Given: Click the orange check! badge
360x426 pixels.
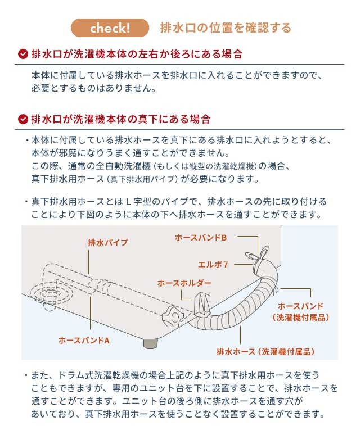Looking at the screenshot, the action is [x=110, y=28].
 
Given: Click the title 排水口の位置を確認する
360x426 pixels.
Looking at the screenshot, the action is [x=226, y=28].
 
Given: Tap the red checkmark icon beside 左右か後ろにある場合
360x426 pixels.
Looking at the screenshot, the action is [x=23, y=54].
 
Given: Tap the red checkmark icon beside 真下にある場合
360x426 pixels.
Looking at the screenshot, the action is [x=23, y=119].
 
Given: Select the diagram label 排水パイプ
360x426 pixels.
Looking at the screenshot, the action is [x=107, y=243].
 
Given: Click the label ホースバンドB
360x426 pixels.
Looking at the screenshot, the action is [x=201, y=238].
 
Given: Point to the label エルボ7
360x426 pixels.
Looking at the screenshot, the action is [x=213, y=264].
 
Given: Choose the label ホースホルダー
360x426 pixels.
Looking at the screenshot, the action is [x=184, y=283].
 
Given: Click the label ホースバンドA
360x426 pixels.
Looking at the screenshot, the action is [x=84, y=341].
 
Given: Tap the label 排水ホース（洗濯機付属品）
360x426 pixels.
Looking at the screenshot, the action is [x=265, y=352].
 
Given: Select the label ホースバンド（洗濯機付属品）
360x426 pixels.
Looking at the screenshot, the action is [x=301, y=311].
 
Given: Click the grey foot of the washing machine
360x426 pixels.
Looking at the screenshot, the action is [x=150, y=343].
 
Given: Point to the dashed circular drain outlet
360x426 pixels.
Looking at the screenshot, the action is [x=51, y=294].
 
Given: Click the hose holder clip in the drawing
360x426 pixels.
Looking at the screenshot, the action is [x=201, y=305].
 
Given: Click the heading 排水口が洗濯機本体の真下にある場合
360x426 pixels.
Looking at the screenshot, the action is [x=121, y=119].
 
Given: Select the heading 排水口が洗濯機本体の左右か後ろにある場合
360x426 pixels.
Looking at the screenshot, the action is [x=137, y=54].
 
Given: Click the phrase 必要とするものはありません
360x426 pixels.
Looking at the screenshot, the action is [x=92, y=88].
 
